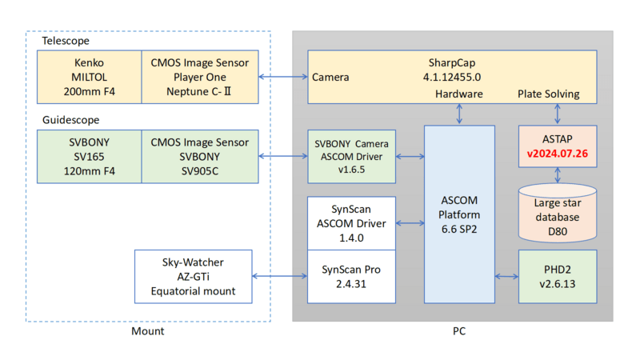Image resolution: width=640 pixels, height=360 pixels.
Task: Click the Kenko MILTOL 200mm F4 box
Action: point(90,77)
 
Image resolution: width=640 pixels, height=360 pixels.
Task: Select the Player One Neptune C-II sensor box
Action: point(200,77)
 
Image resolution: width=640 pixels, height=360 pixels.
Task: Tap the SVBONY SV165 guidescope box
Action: point(90,156)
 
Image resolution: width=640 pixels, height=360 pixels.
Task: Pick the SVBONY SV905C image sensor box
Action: point(200,156)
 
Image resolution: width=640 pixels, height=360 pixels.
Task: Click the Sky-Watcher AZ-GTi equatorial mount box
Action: point(193,276)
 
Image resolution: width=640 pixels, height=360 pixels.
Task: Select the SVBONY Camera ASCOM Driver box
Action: point(351,156)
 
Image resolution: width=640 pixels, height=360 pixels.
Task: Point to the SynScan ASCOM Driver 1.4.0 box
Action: point(351,223)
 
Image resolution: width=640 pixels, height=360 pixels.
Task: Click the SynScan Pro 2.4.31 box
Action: point(351,276)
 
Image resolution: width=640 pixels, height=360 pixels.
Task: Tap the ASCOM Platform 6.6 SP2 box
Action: point(459,214)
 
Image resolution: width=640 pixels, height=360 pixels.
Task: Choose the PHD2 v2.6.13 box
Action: point(558,276)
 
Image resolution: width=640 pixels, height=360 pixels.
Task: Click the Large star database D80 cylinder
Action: point(558,213)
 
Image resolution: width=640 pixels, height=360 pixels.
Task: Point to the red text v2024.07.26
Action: point(558,154)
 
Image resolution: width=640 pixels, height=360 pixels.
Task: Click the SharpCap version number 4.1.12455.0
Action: point(452,77)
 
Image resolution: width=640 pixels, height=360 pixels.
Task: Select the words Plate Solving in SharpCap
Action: point(549,94)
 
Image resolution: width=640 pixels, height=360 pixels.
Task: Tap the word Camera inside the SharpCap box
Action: point(330,77)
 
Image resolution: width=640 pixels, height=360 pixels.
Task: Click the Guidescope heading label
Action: point(71,120)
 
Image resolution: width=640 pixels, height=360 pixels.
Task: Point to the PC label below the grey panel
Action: point(459,331)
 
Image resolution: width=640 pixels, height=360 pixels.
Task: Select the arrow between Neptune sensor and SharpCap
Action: point(283,77)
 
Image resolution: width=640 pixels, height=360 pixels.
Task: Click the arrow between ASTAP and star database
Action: point(558,175)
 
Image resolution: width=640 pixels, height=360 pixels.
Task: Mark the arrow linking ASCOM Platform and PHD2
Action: point(506,276)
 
